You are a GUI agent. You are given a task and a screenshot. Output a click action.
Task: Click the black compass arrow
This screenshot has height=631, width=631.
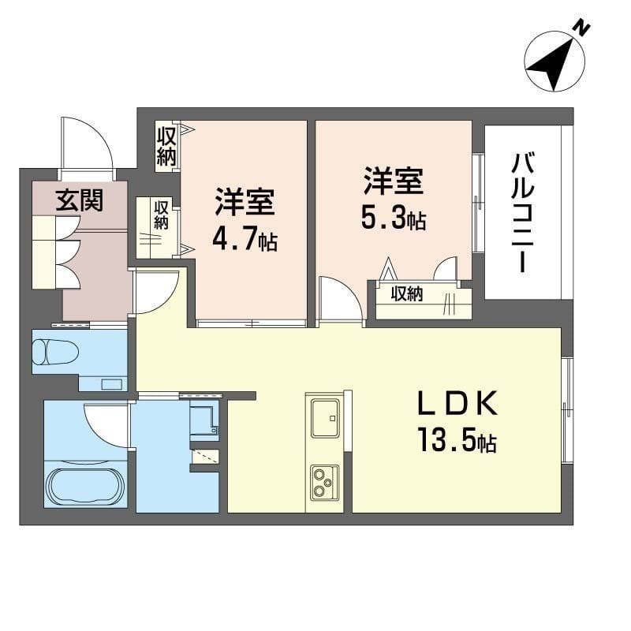(x=554, y=64)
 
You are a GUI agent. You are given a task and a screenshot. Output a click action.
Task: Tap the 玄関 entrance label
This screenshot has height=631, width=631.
(x=80, y=200)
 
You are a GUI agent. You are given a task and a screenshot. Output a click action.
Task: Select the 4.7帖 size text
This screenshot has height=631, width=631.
(x=245, y=241)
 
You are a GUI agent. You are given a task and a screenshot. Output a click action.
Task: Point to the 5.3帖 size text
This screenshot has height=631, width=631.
(x=393, y=218)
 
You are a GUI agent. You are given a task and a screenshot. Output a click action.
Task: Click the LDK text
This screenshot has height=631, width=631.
(x=457, y=404)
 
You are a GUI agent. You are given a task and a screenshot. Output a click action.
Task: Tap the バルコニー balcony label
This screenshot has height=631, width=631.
(x=523, y=213)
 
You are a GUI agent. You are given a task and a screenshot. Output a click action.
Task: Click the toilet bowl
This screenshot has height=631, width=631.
(x=54, y=351)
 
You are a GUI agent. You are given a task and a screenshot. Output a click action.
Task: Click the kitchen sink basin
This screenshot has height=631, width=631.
(x=325, y=418)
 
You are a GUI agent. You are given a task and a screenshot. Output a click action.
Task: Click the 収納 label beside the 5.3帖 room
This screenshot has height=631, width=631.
(x=407, y=294)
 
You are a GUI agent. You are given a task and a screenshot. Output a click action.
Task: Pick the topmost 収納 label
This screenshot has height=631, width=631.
(x=166, y=146)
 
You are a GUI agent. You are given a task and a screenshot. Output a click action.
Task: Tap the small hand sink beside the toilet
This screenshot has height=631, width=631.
(x=111, y=384)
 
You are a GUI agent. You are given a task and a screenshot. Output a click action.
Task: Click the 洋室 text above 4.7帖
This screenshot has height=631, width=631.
(x=245, y=202)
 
